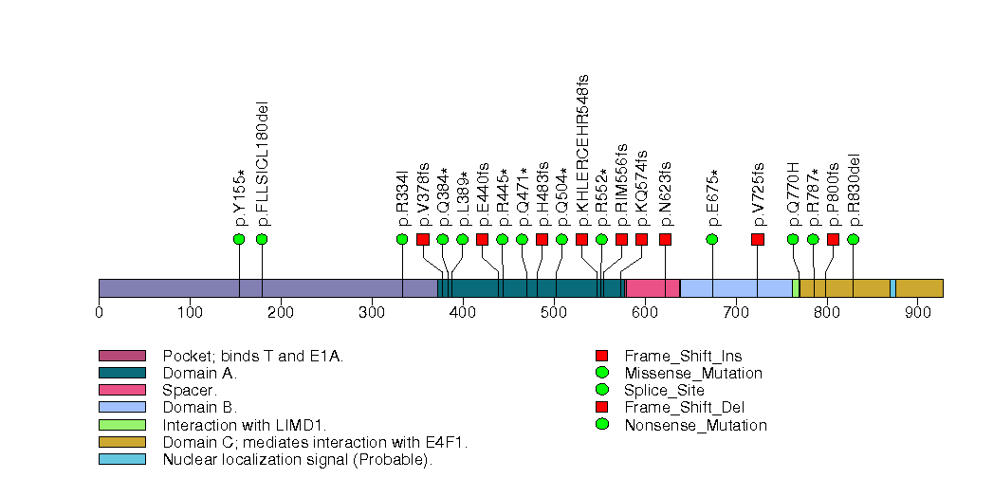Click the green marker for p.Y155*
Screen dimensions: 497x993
click(239, 239)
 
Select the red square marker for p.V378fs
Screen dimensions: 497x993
click(423, 239)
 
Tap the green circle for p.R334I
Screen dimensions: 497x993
click(402, 239)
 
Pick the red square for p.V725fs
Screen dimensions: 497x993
click(758, 239)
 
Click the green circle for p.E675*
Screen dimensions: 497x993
click(712, 239)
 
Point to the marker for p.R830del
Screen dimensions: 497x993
click(853, 239)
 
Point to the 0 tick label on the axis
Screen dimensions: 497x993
click(99, 311)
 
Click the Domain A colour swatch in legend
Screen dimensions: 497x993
click(121, 373)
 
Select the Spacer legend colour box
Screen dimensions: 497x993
click(121, 390)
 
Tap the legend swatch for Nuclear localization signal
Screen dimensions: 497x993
click(121, 459)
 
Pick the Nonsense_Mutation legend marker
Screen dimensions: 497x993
click(601, 424)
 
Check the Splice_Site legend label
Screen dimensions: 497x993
click(664, 390)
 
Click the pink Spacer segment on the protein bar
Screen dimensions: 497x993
click(653, 288)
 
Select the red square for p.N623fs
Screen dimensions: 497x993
click(665, 239)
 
